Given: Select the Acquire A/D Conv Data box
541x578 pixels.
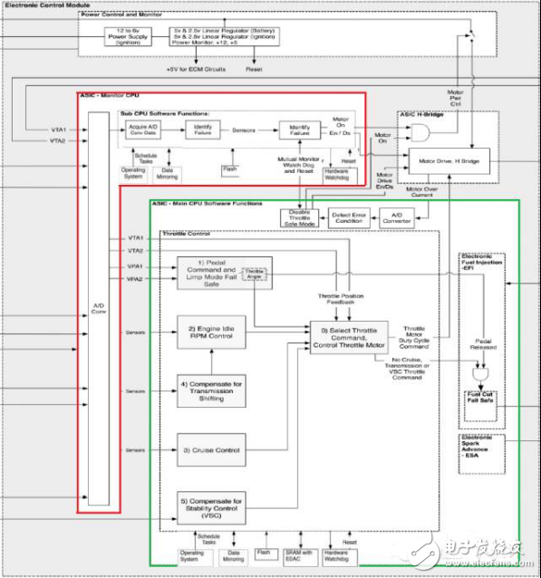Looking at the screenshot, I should coord(145,130).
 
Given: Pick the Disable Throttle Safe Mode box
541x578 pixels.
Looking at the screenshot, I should coord(296,217).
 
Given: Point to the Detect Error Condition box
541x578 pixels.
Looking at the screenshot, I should coord(348,217).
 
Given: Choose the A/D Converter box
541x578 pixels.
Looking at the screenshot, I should coord(398,217).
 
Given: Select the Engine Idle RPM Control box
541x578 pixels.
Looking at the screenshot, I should coord(211,332).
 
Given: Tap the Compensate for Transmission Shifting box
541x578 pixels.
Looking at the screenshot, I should coord(211,390).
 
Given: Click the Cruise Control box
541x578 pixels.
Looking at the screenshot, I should coord(211,448).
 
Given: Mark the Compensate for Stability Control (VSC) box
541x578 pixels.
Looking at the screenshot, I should coord(211,506).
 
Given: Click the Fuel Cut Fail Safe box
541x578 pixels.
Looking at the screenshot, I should coord(479,400).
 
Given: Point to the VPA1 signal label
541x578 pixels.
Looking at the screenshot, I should coord(136,266).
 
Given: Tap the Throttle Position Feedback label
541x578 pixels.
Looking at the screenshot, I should coord(342,300).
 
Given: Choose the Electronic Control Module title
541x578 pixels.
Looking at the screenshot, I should coord(51,5).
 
